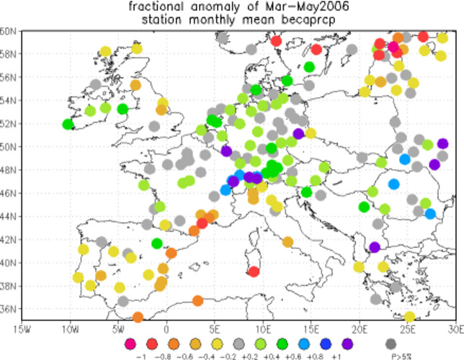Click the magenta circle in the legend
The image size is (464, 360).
tap(130, 343)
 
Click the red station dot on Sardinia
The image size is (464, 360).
tap(254, 271)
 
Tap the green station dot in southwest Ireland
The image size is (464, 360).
tap(68, 124)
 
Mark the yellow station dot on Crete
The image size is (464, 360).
tap(409, 316)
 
